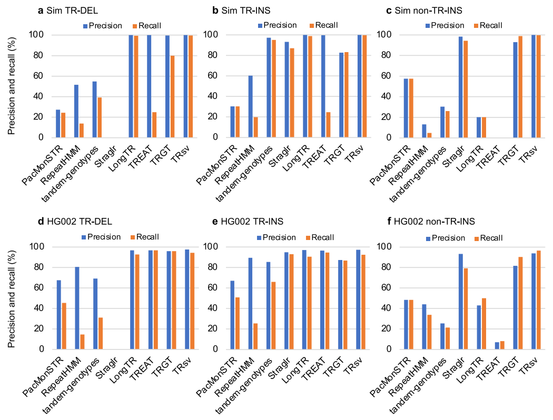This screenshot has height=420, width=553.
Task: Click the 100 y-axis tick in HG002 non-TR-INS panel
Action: [x=386, y=247]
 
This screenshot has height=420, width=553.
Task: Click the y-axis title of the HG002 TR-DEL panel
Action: [x=12, y=297]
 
